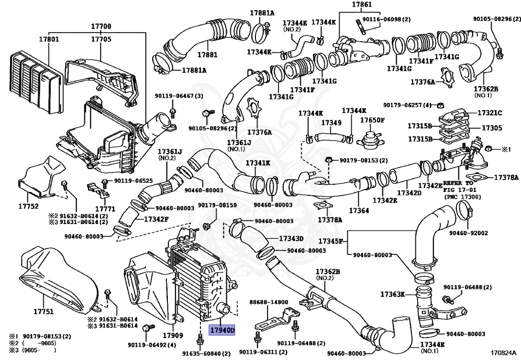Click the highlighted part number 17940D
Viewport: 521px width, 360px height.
click(x=222, y=330)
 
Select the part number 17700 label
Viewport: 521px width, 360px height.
click(x=101, y=26)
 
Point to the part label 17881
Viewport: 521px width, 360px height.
click(x=208, y=54)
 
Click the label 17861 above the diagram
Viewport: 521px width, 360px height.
click(x=362, y=5)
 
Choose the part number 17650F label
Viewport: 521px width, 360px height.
click(x=372, y=120)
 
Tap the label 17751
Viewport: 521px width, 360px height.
click(x=44, y=312)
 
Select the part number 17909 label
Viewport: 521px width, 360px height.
click(x=173, y=336)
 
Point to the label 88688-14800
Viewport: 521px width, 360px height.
click(x=269, y=302)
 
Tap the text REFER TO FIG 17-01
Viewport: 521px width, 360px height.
click(x=458, y=186)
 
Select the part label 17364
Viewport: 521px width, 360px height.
click(x=359, y=210)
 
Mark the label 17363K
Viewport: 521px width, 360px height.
click(x=393, y=294)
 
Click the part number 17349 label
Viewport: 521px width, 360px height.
click(x=331, y=123)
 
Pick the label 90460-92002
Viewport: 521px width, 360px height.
click(x=469, y=233)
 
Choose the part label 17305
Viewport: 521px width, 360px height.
click(x=492, y=128)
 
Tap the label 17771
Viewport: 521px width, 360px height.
click(x=105, y=209)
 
